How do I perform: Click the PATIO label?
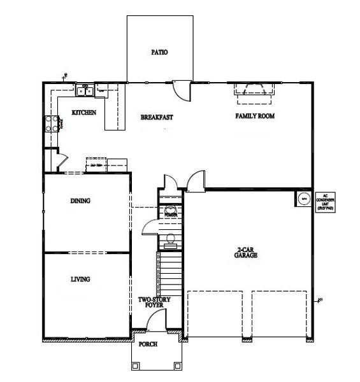(159, 52)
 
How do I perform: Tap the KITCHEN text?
(83, 113)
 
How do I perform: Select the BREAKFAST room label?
(156, 117)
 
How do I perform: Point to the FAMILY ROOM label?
(255, 117)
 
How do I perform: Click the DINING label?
(80, 201)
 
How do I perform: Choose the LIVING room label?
(80, 279)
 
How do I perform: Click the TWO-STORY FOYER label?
(154, 302)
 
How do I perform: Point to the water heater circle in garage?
(304, 199)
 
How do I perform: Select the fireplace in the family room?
(254, 93)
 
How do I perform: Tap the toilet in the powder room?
(170, 239)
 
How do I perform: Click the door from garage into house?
(194, 181)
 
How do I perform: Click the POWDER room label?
(171, 215)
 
